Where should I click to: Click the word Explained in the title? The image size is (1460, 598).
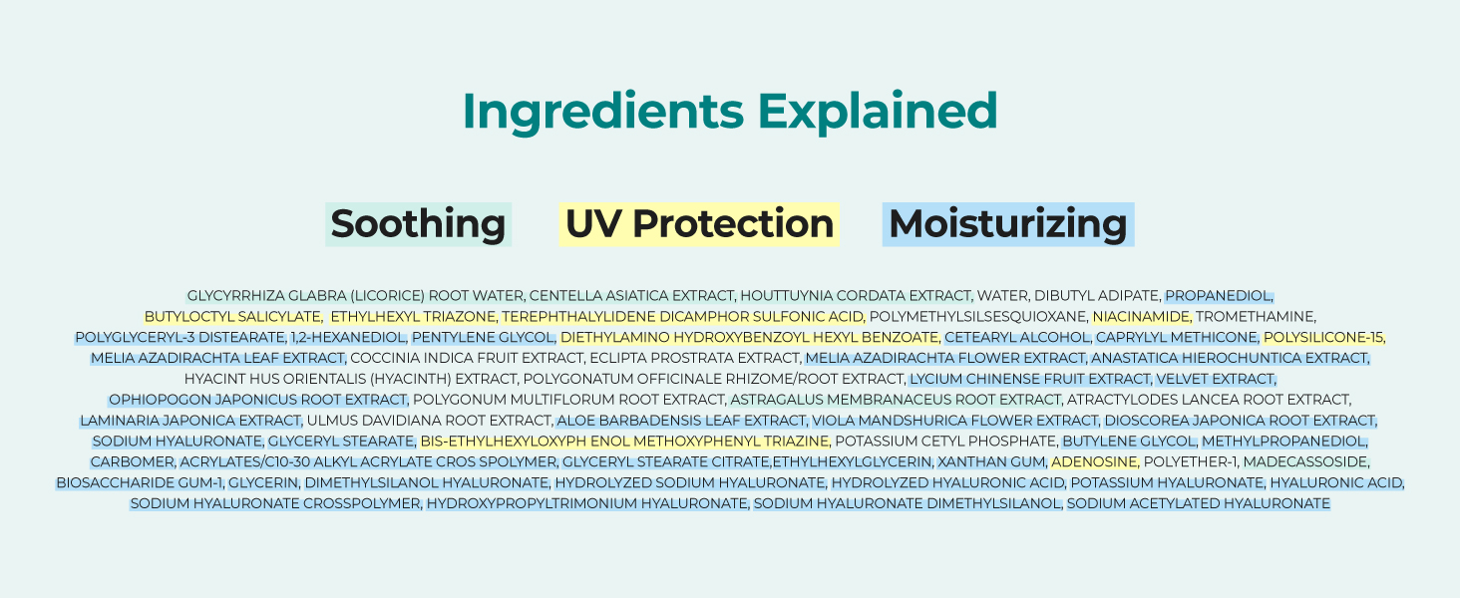878,112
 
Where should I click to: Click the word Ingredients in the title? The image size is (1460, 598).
603,112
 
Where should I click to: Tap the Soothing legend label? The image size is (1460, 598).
419,224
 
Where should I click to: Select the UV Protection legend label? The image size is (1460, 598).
699,224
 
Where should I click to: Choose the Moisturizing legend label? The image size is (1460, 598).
1008,224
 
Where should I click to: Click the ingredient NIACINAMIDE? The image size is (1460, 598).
1141,317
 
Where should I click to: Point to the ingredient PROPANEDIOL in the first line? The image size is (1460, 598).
1219,296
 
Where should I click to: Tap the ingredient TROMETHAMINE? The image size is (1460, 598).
1256,317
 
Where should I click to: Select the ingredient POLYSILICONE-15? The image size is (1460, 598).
1323,338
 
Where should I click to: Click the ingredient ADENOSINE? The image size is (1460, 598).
1094,461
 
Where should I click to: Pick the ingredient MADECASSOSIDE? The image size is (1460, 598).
1305,461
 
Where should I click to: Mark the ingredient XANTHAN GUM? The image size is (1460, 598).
991,461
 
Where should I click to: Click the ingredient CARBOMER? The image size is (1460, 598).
133,461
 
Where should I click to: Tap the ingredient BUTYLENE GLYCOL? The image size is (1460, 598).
1129,441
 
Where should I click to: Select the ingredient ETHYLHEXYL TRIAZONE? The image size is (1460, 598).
413,317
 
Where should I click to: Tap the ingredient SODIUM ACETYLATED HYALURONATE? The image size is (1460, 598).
1198,503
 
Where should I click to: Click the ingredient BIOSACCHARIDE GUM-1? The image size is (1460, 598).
140,482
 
